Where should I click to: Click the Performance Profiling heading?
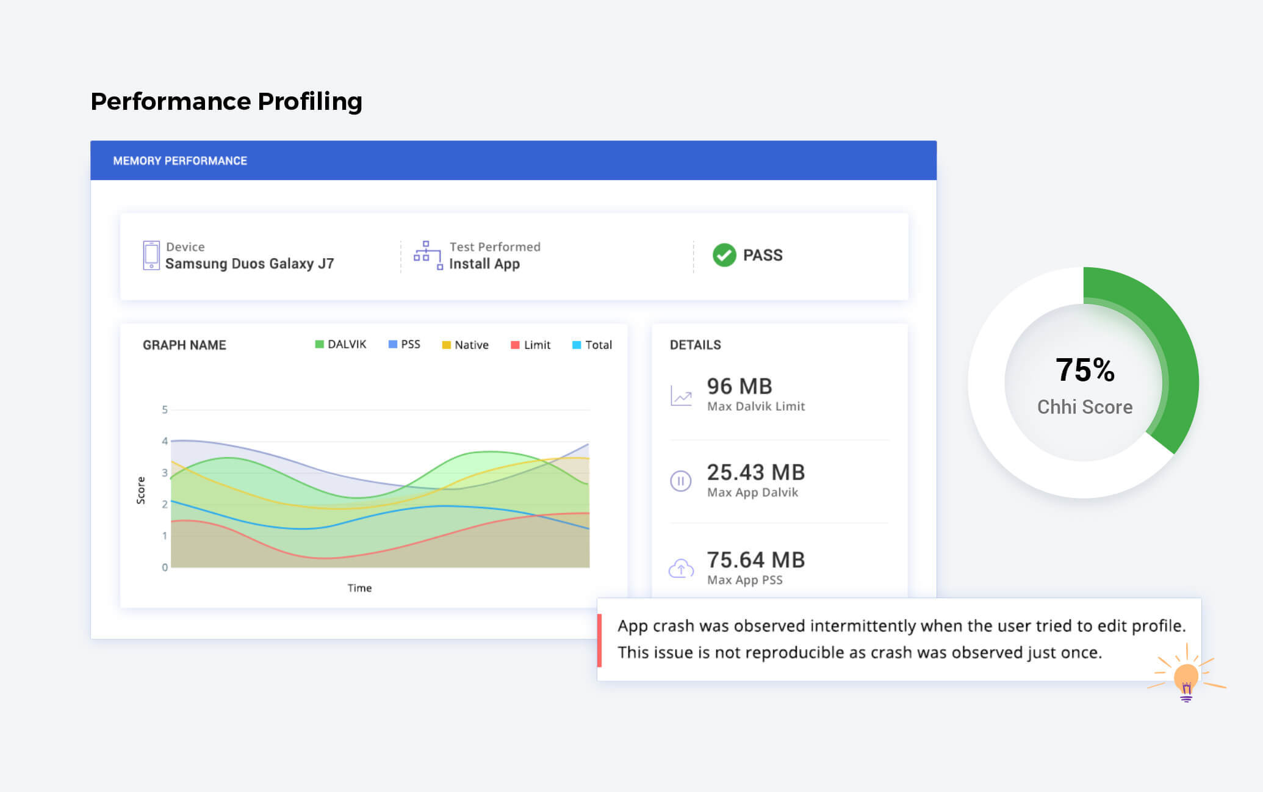226,101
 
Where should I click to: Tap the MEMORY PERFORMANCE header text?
180,161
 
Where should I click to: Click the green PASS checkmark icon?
724,255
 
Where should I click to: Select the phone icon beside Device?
151,255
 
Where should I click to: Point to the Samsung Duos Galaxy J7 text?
250,264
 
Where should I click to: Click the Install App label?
484,264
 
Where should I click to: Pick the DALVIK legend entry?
340,344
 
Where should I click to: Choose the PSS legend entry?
405,344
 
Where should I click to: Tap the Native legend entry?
466,345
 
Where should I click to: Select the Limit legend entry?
531,345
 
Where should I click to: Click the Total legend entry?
592,345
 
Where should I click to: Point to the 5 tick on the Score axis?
165,409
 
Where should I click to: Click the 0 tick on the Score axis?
165,567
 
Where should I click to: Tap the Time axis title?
359,588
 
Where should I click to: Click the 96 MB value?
739,386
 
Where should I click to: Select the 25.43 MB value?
756,472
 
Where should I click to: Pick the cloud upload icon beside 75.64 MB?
681,569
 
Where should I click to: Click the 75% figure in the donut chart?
1085,370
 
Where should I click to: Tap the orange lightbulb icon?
1186,677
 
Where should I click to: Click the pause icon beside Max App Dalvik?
681,481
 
